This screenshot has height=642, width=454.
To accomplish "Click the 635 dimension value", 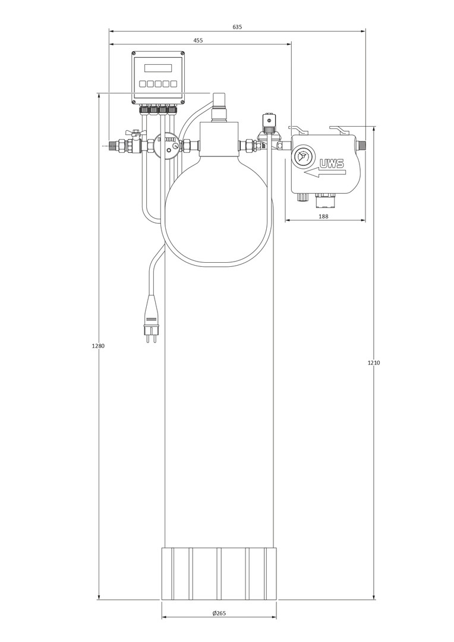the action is [237, 27].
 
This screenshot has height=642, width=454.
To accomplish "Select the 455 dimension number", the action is [198, 40].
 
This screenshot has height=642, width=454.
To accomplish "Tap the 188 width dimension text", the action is [323, 216].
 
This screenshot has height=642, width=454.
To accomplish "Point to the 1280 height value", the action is [98, 345].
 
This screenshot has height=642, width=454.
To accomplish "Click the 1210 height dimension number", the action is [374, 363].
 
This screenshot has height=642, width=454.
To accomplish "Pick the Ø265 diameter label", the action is [219, 613].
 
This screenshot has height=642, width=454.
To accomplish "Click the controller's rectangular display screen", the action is [158, 68].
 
